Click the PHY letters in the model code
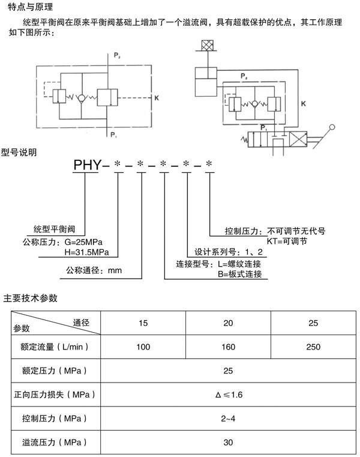click(88, 163)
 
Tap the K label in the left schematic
click(156, 97)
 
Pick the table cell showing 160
click(228, 347)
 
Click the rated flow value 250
click(313, 347)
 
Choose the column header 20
click(228, 324)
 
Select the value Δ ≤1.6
click(229, 395)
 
